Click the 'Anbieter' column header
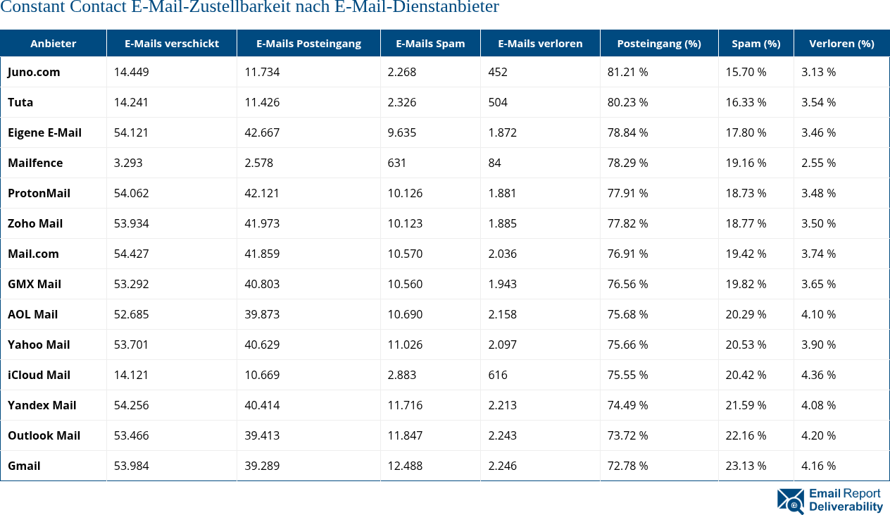[53, 44]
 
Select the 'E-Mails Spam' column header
[430, 44]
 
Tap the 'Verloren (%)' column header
[841, 44]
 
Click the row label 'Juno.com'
[34, 72]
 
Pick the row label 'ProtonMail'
[39, 193]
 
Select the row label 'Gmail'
[24, 466]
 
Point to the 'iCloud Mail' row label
[39, 375]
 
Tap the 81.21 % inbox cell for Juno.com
[627, 72]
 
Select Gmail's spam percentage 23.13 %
[746, 466]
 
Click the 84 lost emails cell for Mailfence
[495, 163]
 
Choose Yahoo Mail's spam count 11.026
[405, 345]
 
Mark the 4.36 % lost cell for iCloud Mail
[818, 375]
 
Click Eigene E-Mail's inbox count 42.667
[262, 132]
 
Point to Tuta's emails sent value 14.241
[132, 102]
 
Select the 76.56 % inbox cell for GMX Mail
[627, 284]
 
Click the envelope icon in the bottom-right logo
[790, 501]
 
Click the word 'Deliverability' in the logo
[846, 507]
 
